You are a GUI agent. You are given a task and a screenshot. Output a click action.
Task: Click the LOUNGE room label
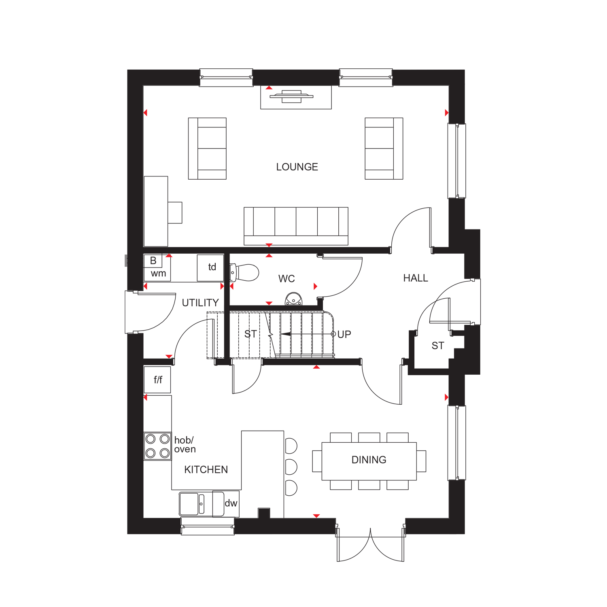pos(297,167)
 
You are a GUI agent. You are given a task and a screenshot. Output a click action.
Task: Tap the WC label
pos(287,278)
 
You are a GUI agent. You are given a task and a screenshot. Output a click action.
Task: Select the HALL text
pos(416,278)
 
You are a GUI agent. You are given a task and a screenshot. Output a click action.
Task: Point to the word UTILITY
pos(200,303)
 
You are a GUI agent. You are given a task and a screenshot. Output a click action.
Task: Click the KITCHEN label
pos(206,469)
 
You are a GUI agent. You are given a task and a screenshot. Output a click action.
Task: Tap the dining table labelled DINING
pos(369,461)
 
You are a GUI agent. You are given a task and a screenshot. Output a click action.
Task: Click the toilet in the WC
pos(244,273)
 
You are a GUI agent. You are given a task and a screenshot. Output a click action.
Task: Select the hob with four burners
pos(157,446)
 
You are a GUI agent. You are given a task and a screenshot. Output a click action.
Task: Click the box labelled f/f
pos(157,380)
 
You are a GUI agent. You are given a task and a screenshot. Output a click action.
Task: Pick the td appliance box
pos(210,268)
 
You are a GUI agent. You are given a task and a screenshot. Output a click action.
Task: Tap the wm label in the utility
pos(158,274)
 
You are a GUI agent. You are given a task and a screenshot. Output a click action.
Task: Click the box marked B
pos(153,261)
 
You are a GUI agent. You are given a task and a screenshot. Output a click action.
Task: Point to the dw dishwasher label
pos(231,503)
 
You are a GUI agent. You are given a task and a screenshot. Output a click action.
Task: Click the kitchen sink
pos(192,504)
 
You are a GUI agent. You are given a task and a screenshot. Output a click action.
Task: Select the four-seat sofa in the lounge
pos(296,226)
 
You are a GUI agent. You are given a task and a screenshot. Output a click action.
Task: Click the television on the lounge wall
pos(292,96)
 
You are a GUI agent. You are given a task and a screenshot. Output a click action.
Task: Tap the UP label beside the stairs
pos(344,335)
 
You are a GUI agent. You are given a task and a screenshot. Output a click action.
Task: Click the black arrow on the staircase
pos(308,334)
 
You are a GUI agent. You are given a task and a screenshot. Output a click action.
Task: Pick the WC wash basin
pos(294,299)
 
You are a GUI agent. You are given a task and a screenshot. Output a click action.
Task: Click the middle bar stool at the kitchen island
pos(291,467)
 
